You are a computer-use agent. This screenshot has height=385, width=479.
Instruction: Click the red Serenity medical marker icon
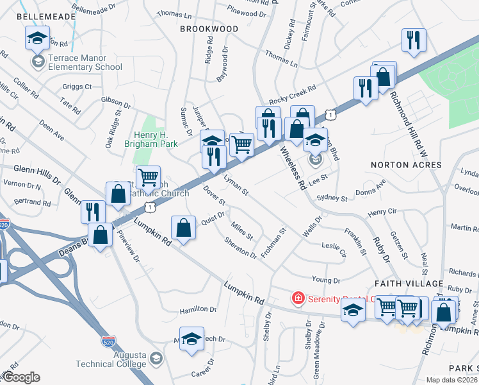(297, 298)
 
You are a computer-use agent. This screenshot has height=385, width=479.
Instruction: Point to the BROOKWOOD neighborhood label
(209, 29)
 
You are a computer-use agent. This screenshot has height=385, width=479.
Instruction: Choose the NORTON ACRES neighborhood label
(406, 165)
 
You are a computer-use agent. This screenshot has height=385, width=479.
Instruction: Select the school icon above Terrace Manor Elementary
(37, 38)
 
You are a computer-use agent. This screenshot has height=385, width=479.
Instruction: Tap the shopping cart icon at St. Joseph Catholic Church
(148, 176)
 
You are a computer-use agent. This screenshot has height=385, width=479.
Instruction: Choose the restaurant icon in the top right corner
(413, 40)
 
